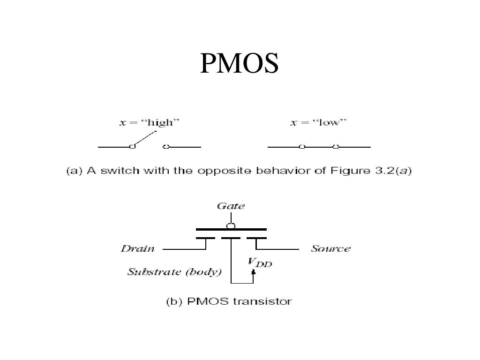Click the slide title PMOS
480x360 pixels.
click(240, 63)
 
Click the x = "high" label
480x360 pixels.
click(149, 123)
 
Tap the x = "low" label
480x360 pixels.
click(318, 123)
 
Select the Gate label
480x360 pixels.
click(231, 206)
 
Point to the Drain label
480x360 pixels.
click(138, 249)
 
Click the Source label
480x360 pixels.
click(330, 249)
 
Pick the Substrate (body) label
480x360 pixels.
click(174, 272)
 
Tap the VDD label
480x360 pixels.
click(260, 262)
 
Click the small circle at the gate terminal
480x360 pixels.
click(231, 225)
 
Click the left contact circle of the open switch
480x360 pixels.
click(132, 147)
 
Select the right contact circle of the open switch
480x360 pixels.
click(166, 147)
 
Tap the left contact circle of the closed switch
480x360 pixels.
click(302, 147)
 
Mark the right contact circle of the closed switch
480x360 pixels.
click(336, 147)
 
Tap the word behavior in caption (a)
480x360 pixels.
click(281, 171)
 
